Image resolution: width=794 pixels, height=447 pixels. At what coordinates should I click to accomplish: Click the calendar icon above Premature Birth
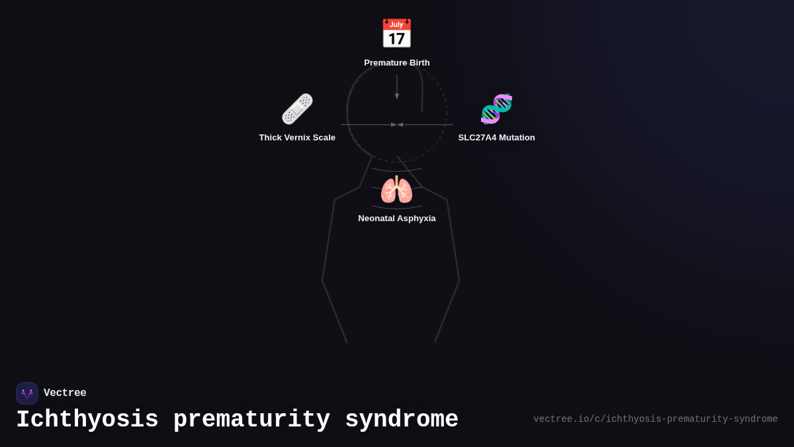pyautogui.click(x=396, y=34)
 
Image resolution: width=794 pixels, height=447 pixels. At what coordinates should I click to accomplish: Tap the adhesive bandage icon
pyautogui.click(x=297, y=109)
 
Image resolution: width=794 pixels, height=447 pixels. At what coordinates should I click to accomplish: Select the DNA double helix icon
pyautogui.click(x=496, y=109)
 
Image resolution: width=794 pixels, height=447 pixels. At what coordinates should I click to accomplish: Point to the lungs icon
pyautogui.click(x=396, y=190)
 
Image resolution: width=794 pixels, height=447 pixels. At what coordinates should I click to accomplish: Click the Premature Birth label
pyautogui.click(x=397, y=63)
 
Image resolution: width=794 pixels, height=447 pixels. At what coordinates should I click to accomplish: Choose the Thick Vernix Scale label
pyautogui.click(x=297, y=138)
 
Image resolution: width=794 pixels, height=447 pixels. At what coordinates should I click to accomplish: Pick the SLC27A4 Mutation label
pyautogui.click(x=496, y=138)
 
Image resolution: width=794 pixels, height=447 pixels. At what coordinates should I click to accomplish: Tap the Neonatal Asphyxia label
pyautogui.click(x=397, y=219)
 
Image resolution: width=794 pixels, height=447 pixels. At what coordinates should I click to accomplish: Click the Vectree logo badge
pyautogui.click(x=27, y=393)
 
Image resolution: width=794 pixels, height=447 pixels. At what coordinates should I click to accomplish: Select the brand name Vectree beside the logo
pyautogui.click(x=65, y=393)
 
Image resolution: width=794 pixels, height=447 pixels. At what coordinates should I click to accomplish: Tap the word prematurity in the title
pyautogui.click(x=251, y=420)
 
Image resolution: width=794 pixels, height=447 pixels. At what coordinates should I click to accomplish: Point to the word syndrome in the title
pyautogui.click(x=402, y=420)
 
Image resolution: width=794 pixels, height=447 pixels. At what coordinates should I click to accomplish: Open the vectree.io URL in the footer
pyautogui.click(x=655, y=419)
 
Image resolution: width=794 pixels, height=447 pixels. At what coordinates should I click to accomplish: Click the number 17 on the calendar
pyautogui.click(x=396, y=39)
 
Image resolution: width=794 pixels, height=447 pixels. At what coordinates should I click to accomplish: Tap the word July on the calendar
pyautogui.click(x=396, y=25)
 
